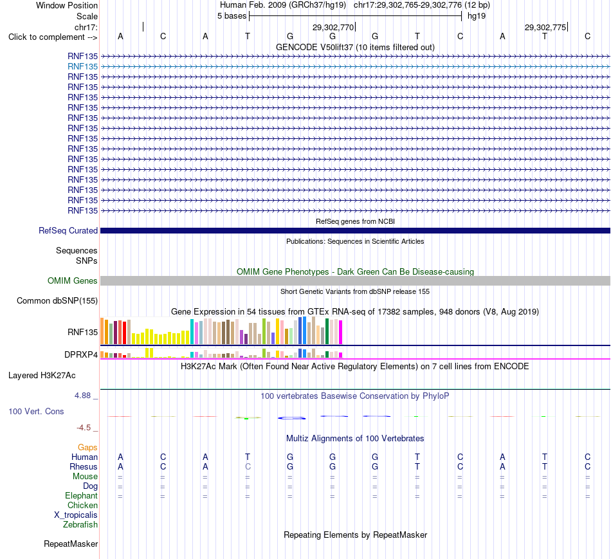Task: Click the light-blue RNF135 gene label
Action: (x=82, y=67)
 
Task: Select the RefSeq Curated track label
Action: (x=68, y=231)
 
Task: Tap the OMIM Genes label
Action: (x=73, y=280)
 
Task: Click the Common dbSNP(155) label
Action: (x=57, y=300)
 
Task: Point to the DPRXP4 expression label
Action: (x=81, y=354)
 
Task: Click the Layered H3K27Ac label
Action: (x=42, y=376)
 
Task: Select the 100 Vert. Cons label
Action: (x=36, y=411)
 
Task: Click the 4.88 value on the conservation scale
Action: (x=82, y=395)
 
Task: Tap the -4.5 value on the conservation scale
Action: (x=84, y=428)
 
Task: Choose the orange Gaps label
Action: (x=87, y=448)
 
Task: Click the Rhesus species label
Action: (x=84, y=466)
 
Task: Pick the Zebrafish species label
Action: (x=80, y=525)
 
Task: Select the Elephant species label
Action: (x=82, y=496)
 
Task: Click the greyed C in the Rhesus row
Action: (x=248, y=466)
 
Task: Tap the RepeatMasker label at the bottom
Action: (x=71, y=544)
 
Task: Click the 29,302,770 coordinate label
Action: (x=333, y=27)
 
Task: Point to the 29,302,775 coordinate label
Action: (x=545, y=27)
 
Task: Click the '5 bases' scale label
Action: (x=232, y=16)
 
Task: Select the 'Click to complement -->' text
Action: (x=53, y=37)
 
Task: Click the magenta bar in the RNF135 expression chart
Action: (x=341, y=332)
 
